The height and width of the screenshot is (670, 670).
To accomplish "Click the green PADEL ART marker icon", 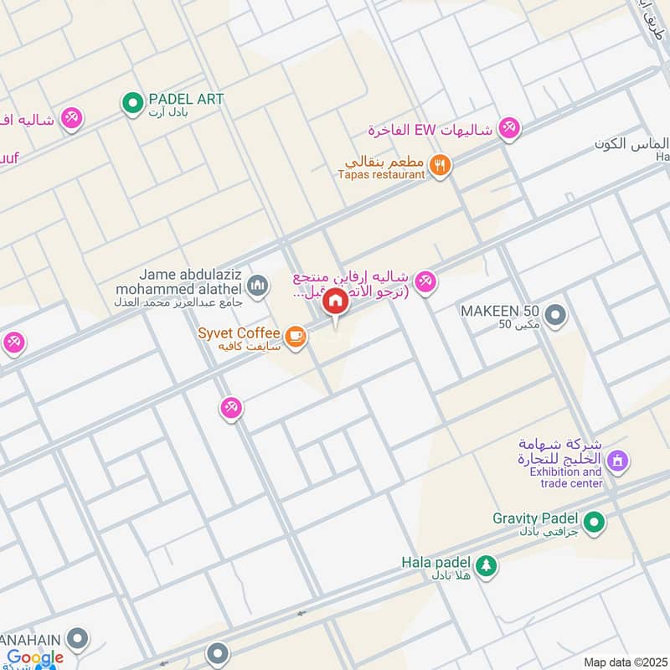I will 131,104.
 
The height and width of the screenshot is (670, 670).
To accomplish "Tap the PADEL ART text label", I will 186,99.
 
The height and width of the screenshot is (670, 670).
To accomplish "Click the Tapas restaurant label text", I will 381,174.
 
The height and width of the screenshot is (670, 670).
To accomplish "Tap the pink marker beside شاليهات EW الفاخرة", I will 508,129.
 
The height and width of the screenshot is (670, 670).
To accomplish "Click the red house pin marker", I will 335,301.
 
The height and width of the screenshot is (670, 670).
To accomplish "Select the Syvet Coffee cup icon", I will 294,336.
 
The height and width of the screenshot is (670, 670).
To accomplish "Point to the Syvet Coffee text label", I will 239,333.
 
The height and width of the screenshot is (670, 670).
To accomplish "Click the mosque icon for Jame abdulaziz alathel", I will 258,286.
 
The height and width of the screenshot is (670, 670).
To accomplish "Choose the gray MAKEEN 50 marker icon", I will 556,316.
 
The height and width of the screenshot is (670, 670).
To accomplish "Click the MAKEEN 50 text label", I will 500,311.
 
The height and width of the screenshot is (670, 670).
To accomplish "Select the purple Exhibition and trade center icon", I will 618,460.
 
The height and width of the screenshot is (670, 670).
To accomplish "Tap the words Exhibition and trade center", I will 565,477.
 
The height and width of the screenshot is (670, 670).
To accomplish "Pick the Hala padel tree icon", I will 487,567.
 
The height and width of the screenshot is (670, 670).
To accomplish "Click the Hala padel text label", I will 435,562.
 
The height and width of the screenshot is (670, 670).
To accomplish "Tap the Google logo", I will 36,657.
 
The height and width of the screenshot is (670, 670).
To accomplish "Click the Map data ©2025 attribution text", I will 624,662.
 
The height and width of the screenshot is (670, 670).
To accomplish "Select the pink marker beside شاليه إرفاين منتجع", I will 425,283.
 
